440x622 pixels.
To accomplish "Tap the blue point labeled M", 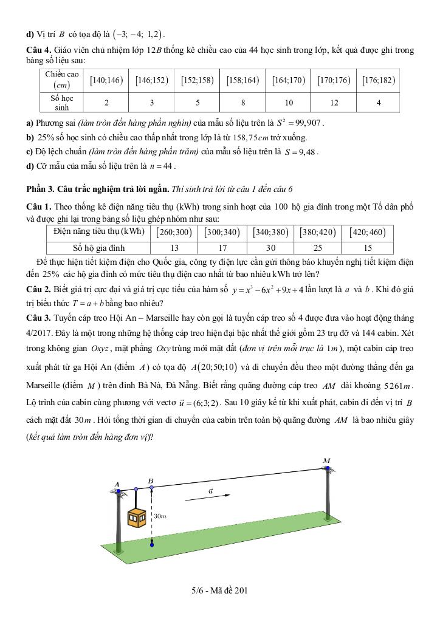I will [327, 469].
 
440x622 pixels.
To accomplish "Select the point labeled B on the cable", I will [151, 487].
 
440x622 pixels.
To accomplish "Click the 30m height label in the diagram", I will [160, 516].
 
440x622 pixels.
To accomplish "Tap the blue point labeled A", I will [118, 491].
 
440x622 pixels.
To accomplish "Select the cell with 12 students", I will [334, 103].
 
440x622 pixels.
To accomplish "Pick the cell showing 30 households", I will [271, 247].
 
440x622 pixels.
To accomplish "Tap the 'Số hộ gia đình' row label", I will [98, 247].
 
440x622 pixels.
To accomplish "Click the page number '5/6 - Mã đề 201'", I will [219, 590].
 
